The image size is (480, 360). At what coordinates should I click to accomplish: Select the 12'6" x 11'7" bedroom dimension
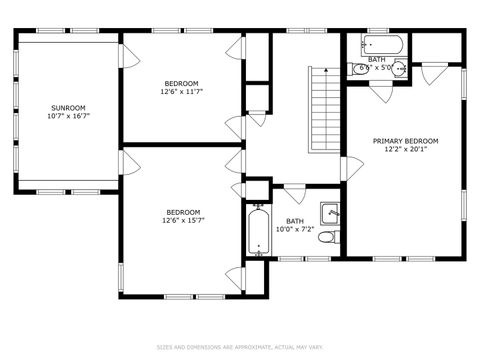click(182, 92)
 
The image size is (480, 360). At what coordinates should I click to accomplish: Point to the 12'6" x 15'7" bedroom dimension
click(183, 221)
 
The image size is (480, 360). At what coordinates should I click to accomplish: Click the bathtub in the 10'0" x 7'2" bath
click(258, 231)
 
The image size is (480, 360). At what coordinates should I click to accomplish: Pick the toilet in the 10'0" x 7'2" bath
click(331, 237)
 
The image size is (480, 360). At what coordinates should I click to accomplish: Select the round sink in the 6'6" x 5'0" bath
click(398, 69)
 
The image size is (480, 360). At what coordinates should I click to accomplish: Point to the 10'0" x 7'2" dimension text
click(295, 230)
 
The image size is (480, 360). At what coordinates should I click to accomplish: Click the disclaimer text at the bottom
click(240, 347)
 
